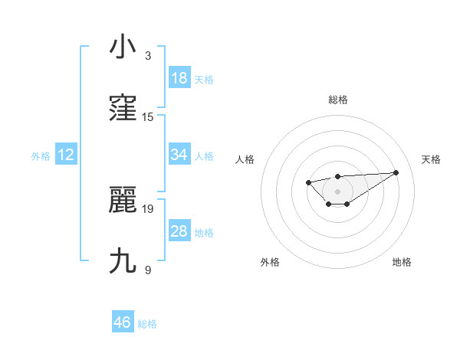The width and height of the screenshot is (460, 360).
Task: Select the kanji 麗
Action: click(123, 201)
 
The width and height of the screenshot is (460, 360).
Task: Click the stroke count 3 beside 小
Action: click(147, 56)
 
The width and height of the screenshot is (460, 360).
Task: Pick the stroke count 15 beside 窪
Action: click(148, 117)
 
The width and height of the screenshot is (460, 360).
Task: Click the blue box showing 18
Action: click(179, 77)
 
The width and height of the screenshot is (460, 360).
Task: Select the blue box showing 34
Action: click(179, 155)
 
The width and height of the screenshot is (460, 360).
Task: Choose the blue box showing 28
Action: click(179, 231)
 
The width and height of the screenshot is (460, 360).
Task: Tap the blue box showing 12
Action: click(66, 155)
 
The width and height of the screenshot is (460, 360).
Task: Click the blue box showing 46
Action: click(123, 322)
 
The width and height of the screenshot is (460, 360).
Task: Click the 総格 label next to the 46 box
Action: click(147, 324)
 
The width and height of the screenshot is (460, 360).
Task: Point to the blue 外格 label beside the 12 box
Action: click(41, 156)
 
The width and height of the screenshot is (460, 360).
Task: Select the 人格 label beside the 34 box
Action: click(204, 156)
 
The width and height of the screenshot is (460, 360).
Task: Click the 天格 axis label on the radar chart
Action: click(431, 159)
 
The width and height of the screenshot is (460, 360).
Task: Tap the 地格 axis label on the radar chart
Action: click(402, 262)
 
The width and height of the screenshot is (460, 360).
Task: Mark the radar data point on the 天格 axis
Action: click(396, 172)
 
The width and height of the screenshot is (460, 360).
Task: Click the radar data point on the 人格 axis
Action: click(308, 182)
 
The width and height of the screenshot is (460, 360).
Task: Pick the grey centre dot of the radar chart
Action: click(337, 191)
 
